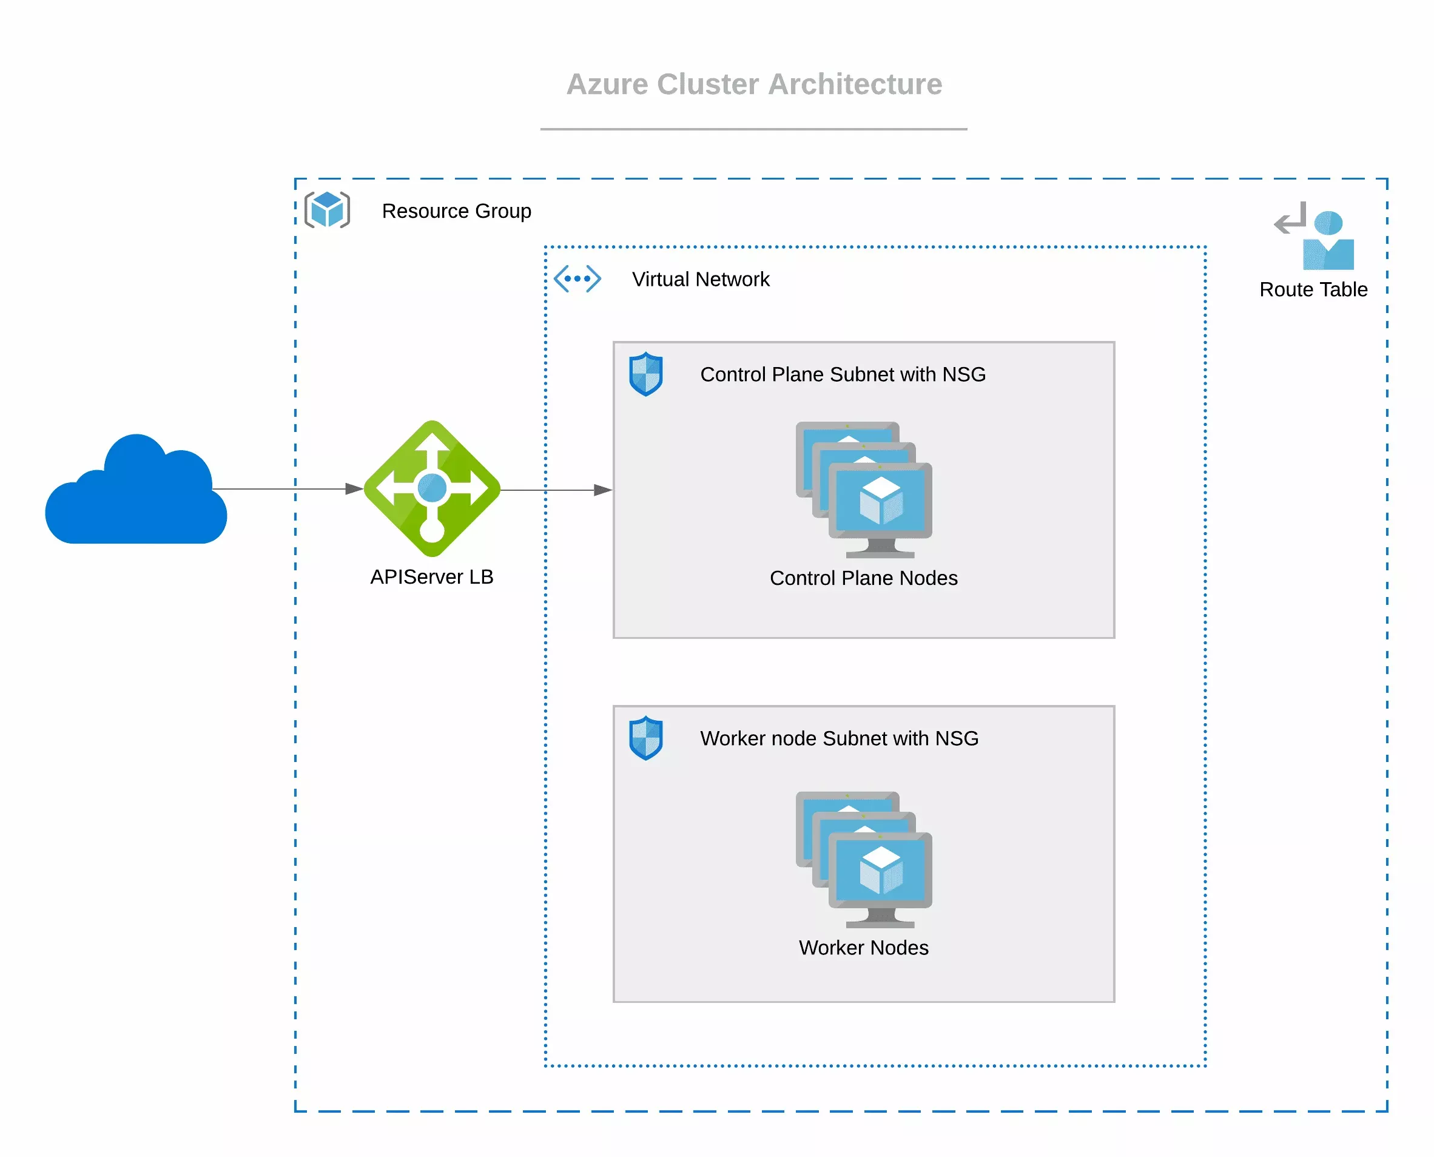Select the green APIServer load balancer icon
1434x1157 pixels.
pos(432,488)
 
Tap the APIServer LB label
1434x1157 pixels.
pos(432,576)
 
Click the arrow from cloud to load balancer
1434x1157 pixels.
pos(286,489)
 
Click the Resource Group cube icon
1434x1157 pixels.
pos(327,210)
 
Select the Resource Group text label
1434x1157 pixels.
pos(456,211)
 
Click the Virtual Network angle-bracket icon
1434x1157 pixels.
pos(577,278)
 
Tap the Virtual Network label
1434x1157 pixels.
pos(701,279)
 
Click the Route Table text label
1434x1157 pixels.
pos(1313,290)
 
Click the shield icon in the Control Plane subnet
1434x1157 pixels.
pos(645,374)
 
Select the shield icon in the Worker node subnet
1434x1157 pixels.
pos(645,738)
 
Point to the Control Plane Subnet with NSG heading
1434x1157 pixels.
pos(843,374)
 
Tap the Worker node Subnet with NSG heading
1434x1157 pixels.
pos(839,738)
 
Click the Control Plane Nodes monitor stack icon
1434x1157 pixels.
pos(864,490)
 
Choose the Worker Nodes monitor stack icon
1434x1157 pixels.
pos(864,860)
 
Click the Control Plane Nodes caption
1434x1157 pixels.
pos(864,578)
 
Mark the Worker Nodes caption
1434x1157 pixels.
pos(864,948)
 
